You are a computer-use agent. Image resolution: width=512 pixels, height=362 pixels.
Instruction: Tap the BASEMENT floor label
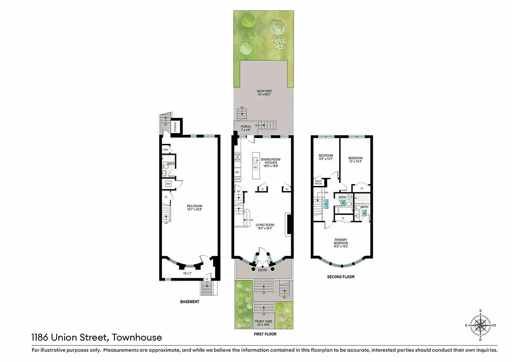(x=189, y=302)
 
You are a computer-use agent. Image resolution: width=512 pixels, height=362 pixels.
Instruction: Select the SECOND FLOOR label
(x=341, y=276)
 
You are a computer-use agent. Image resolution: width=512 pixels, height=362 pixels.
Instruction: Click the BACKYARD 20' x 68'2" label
(x=263, y=93)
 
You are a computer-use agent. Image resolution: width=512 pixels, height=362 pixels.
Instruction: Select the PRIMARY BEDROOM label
(x=341, y=241)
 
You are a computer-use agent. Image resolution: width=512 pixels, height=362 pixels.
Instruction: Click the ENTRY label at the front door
(x=262, y=270)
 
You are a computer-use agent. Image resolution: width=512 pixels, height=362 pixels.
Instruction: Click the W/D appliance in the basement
(x=168, y=184)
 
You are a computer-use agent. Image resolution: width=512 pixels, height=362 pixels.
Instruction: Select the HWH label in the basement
(x=166, y=150)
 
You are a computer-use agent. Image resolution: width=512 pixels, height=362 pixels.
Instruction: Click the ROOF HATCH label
(x=318, y=182)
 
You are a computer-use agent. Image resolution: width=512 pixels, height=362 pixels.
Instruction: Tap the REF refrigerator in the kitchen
(x=237, y=172)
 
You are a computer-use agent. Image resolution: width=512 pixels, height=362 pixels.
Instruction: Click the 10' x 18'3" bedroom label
(x=355, y=159)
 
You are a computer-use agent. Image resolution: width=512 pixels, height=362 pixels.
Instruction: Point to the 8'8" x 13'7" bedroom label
(x=325, y=157)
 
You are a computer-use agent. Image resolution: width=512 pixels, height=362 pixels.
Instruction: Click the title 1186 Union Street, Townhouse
(x=96, y=337)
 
